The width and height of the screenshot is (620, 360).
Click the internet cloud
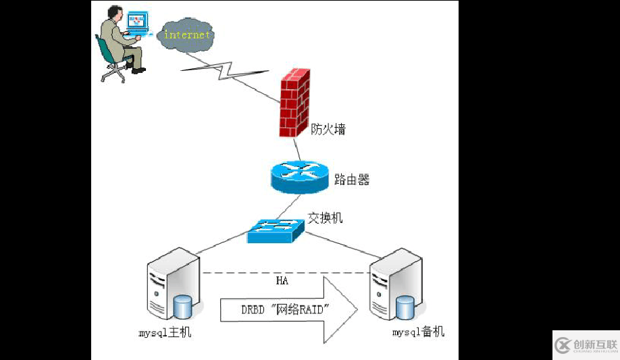(186, 34)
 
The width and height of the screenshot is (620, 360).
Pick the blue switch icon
(276, 231)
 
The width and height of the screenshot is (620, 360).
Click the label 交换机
(326, 218)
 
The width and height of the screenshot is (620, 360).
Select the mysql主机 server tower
(170, 284)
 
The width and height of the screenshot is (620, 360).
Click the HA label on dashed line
(282, 280)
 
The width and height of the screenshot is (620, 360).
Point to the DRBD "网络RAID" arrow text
(284, 309)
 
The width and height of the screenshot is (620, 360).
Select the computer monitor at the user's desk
(137, 21)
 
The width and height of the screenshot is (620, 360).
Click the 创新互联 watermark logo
(586, 345)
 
